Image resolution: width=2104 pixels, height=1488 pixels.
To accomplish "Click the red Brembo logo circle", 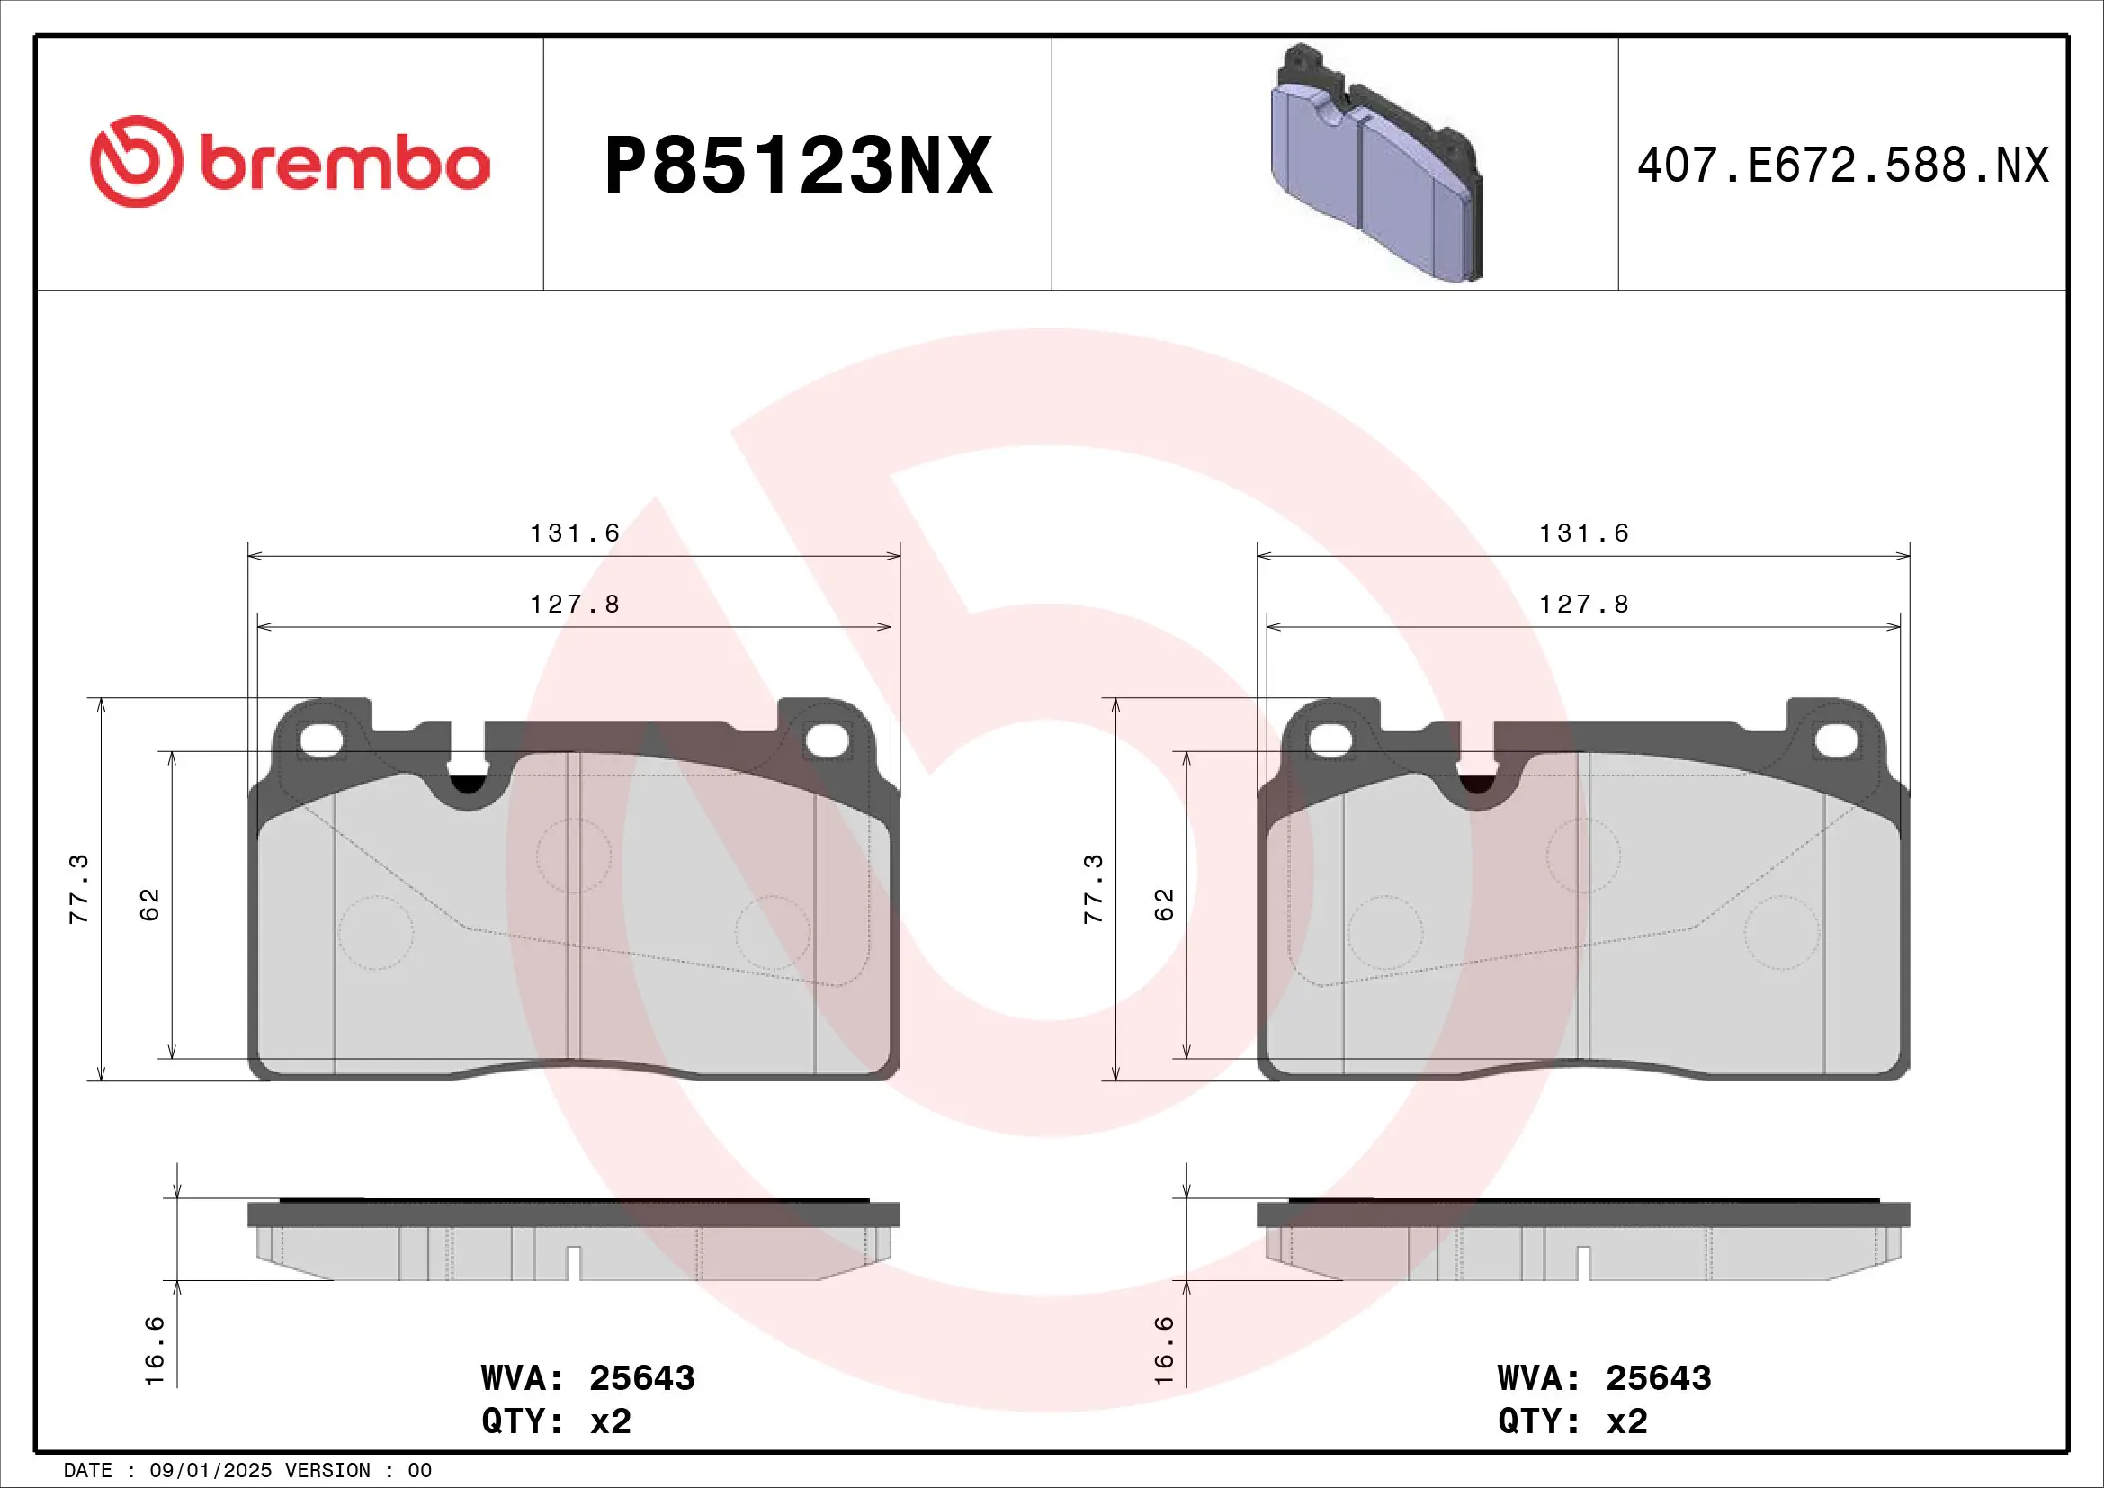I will point(136,161).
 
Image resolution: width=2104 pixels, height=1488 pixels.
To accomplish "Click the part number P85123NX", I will point(798,166).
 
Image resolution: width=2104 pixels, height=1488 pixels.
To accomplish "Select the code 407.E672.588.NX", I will point(1842,166).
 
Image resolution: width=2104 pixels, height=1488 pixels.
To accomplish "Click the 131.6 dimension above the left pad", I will point(575,533).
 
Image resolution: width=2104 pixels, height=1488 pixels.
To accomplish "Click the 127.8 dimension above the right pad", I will point(1583,605).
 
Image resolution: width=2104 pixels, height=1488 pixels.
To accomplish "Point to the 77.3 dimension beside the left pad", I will point(80,889).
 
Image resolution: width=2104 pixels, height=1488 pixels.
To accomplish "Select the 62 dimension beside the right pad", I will point(1164,904).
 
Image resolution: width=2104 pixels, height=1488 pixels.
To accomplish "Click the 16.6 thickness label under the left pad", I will point(155,1350).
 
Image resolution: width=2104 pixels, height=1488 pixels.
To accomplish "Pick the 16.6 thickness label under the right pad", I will point(1164,1350).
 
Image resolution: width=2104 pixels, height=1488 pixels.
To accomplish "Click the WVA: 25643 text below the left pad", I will point(587,1378).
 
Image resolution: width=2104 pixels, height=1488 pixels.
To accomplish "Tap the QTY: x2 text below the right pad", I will point(1572,1421).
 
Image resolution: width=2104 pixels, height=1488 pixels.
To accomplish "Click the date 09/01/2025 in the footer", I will point(210,1471).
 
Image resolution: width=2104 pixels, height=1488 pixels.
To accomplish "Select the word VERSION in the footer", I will point(327,1471).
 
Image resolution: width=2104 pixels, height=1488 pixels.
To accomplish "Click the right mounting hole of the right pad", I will point(1837,740).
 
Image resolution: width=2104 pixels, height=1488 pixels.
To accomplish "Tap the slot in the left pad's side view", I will point(574,1262).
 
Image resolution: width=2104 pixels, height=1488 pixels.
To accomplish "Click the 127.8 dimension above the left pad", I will point(575,605).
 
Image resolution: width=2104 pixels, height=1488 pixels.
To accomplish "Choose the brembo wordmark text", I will point(345,165).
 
